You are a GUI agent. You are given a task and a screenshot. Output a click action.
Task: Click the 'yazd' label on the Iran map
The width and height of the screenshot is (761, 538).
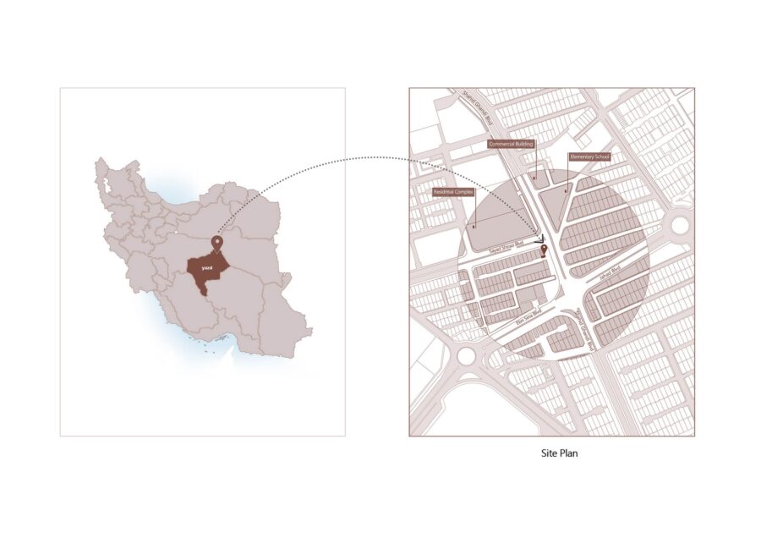(x=207, y=267)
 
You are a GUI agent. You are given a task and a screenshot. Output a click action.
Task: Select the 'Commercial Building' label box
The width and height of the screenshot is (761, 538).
(x=512, y=145)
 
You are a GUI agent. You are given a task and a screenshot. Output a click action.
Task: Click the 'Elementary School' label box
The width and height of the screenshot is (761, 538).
(x=589, y=157)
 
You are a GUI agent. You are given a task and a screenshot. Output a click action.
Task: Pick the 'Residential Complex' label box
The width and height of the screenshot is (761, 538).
(x=453, y=193)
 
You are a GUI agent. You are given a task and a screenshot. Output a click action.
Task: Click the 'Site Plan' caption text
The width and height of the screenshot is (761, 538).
(x=560, y=453)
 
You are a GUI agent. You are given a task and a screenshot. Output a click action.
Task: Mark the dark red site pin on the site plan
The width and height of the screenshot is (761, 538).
(x=543, y=250)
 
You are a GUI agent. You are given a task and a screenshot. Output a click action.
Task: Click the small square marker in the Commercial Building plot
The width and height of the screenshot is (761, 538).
(x=534, y=178)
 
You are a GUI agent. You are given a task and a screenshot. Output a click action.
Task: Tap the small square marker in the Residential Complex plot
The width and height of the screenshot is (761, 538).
(x=474, y=226)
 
